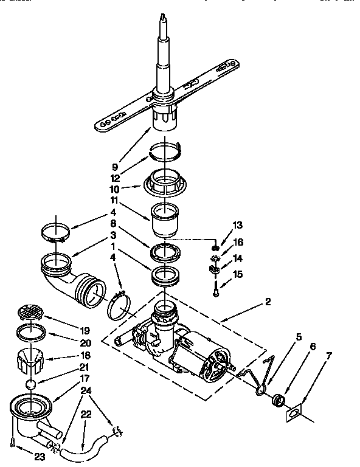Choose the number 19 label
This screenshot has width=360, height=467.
85,331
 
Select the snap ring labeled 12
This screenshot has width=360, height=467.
165,150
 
